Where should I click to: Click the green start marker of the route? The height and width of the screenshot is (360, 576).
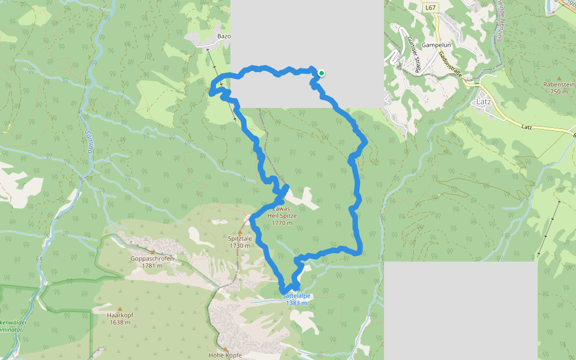[322, 73]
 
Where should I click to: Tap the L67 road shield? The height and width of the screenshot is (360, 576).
[430, 8]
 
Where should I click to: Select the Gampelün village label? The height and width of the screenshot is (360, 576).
[436, 45]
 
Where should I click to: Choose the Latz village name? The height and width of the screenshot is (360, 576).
[483, 101]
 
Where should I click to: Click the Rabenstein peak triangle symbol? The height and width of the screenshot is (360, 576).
[559, 78]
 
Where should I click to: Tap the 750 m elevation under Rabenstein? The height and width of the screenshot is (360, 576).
[559, 91]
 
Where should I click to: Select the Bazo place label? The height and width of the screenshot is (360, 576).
[224, 36]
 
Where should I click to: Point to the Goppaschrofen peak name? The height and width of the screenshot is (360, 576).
[152, 259]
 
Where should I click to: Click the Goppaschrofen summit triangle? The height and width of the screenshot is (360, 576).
[152, 252]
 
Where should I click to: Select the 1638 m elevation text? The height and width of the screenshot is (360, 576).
[119, 322]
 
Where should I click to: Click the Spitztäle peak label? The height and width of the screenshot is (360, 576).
[239, 238]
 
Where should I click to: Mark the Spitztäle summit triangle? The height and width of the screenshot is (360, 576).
[240, 231]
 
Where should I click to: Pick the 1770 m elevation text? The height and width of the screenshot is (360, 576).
[282, 223]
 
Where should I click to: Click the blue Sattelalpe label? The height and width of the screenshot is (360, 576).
[296, 296]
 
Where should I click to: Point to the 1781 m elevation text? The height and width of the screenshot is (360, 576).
[152, 266]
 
